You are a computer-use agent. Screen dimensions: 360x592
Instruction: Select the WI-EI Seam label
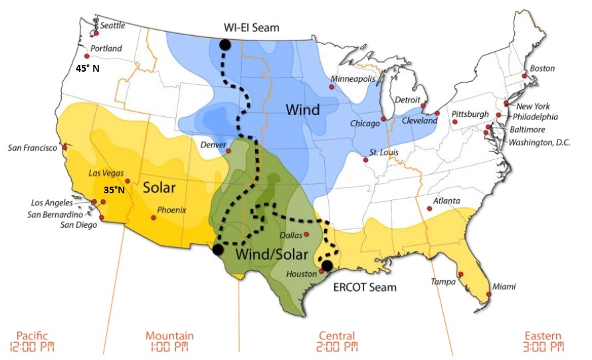point(252,27)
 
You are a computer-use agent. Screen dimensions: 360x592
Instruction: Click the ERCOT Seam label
point(364,287)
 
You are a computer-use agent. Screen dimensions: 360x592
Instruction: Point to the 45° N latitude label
point(86,68)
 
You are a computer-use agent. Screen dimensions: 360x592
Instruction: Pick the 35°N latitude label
point(114,190)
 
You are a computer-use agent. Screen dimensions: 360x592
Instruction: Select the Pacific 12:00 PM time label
point(32,341)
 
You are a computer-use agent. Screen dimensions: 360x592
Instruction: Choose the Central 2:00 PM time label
point(336,341)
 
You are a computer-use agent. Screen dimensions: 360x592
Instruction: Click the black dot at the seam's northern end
point(225,45)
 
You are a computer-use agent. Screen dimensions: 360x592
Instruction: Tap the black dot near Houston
point(327,266)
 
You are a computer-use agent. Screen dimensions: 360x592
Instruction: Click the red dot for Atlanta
point(429,209)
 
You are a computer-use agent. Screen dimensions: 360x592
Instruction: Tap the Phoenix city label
point(171,210)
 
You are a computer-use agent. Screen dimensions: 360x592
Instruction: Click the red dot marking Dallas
point(307,234)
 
